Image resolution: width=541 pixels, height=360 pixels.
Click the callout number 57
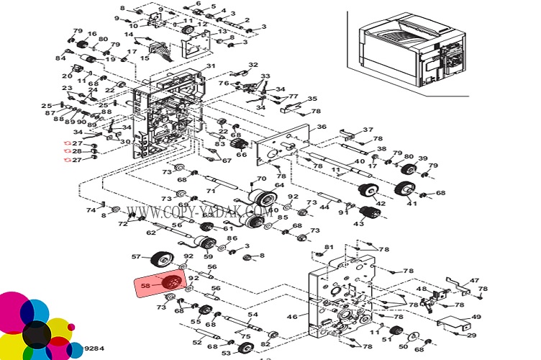[x=135, y=256]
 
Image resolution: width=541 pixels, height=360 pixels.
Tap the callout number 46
[x=292, y=316]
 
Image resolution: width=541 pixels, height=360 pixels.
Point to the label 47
[x=474, y=280]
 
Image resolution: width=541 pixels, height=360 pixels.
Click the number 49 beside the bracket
[x=476, y=317]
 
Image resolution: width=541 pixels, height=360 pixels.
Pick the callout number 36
[x=322, y=127]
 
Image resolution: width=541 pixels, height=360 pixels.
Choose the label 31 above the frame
[x=211, y=67]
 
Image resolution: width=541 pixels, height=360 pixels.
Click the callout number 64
[x=279, y=186]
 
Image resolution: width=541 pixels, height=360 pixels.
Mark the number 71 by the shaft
[x=212, y=191]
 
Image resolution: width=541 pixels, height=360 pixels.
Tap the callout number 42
[x=381, y=204]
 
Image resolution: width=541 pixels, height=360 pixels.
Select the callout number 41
[x=412, y=204]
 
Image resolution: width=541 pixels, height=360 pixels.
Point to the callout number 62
[x=150, y=233]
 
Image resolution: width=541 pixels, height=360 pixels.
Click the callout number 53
[x=226, y=353]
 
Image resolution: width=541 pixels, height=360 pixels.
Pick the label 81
[x=329, y=248]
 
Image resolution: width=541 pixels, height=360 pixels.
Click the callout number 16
[x=92, y=35]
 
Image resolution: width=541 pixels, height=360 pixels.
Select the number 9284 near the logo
[x=94, y=348]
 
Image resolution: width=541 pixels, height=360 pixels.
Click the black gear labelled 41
[x=404, y=191]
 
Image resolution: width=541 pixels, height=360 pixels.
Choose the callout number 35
[x=312, y=99]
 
